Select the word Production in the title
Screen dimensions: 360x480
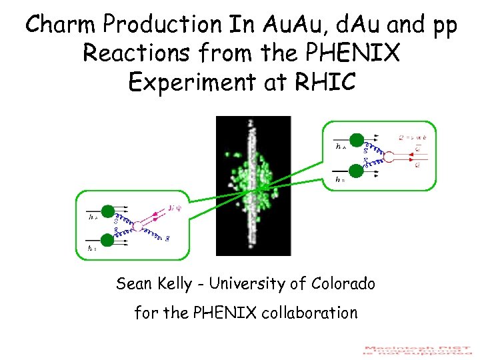155,25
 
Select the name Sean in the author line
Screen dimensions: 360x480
134,284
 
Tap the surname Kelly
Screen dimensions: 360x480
175,284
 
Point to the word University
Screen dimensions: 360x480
247,284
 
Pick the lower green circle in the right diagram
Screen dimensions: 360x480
357,171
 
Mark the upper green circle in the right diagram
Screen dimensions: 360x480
357,139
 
